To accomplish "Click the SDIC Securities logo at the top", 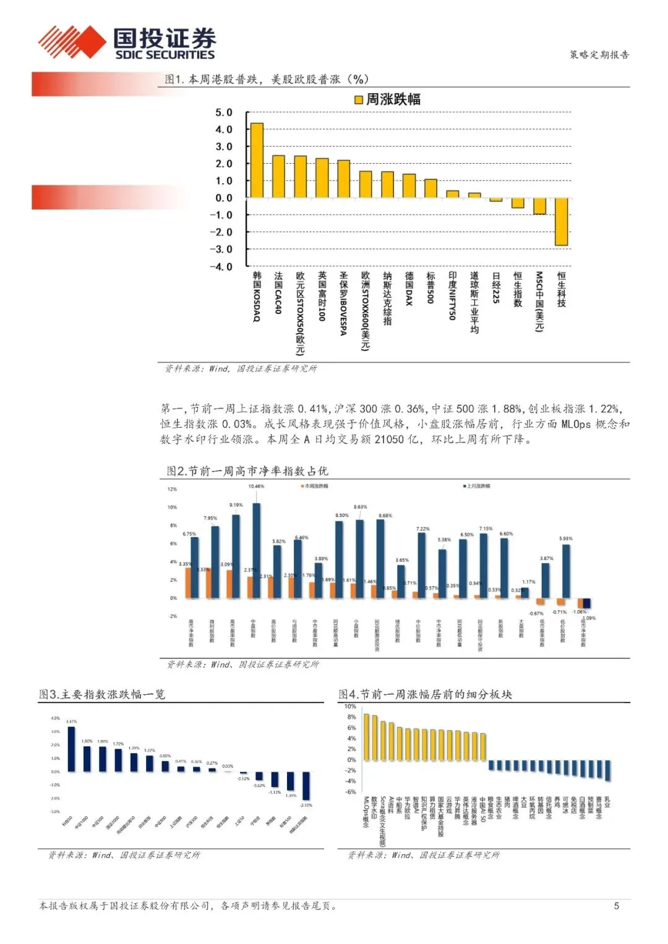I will tap(127, 43).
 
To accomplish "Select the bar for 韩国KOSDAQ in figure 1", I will tap(257, 160).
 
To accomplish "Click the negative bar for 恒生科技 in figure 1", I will tap(561, 222).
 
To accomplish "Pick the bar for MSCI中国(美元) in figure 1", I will tap(539, 206).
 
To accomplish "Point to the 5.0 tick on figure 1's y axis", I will tap(223, 113).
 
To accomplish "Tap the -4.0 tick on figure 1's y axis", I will tap(221, 266).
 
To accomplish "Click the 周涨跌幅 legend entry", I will tap(387, 100).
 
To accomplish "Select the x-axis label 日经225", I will tap(496, 288).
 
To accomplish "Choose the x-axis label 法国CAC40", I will tap(278, 292).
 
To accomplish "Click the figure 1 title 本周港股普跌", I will tap(266, 79).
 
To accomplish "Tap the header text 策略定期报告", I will tap(599, 54).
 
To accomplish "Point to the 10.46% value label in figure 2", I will tap(256, 486).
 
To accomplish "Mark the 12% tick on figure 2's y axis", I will tap(172, 489).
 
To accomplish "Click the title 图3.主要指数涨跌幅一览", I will tap(102, 694).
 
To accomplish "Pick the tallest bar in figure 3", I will tap(71, 749).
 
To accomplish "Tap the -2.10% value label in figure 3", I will tap(306, 805).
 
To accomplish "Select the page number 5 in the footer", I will tap(616, 906).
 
